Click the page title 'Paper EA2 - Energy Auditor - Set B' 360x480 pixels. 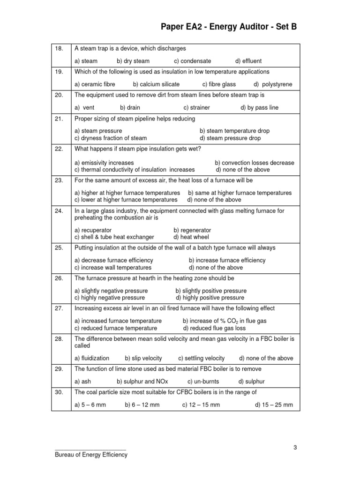[229, 27]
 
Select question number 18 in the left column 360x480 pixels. [59, 49]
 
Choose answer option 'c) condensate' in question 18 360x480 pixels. [192, 61]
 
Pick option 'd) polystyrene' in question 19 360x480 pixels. [273, 84]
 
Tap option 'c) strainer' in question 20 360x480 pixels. [196, 107]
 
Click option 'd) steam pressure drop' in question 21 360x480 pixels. [230, 138]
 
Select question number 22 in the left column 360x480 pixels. [59, 149]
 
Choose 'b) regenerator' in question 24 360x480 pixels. [192, 230]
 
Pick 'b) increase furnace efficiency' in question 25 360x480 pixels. [227, 260]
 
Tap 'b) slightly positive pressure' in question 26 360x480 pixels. [211, 291]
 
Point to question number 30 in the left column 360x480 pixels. [59, 392]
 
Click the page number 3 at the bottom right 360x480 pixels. [295, 447]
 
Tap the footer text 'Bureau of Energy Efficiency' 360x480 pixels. [91, 455]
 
